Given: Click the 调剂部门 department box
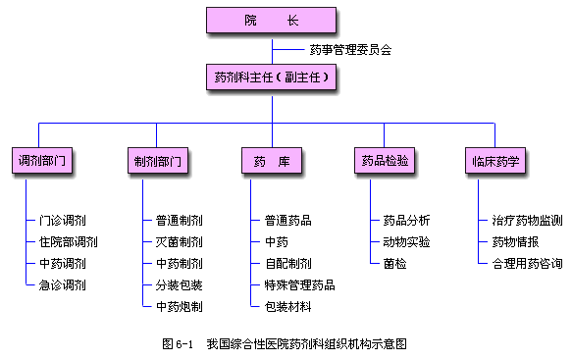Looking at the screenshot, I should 46,159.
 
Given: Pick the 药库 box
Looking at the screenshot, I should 271,159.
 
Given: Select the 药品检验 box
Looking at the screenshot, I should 384,159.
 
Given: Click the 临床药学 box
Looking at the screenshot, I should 495,159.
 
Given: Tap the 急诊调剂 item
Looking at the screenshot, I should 62,285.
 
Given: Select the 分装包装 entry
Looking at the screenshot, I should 179,285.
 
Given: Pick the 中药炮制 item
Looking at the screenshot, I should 179,307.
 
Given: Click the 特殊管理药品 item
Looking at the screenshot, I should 299,285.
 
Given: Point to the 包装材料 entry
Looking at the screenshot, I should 287,307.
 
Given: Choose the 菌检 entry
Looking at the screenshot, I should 393,264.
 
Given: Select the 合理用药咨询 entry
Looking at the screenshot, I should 527,264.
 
